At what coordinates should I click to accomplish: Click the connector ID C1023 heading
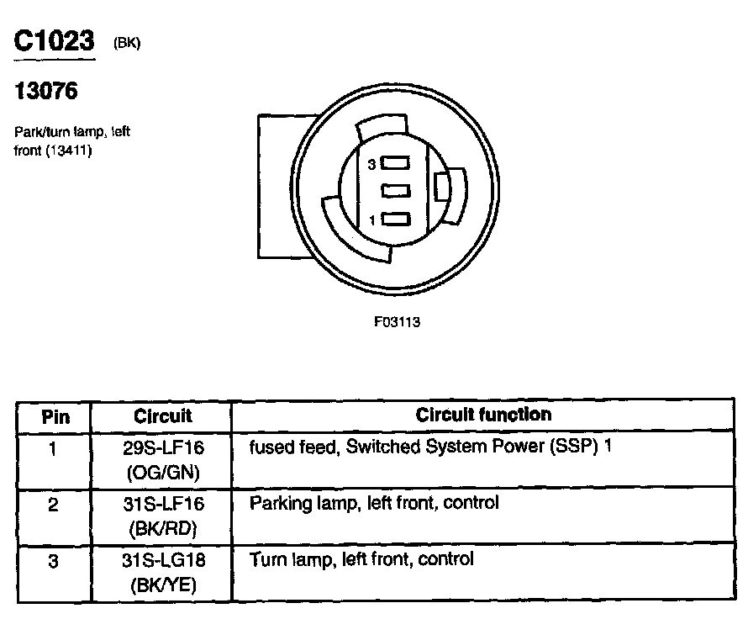[x=54, y=42]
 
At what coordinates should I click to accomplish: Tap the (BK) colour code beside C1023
[x=127, y=44]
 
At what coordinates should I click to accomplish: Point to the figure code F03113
[x=397, y=322]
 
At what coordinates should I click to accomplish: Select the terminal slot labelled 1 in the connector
[x=395, y=220]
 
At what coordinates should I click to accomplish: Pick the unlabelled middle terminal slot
[x=395, y=192]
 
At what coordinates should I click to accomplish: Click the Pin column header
[x=55, y=416]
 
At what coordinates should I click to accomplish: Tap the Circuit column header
[x=162, y=416]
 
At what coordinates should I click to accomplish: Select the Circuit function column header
[x=483, y=415]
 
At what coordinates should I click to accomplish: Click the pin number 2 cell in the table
[x=53, y=506]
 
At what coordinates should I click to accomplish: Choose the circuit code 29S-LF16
[x=163, y=447]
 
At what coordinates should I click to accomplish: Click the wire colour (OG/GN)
[x=163, y=472]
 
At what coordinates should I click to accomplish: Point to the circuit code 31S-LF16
[x=163, y=504]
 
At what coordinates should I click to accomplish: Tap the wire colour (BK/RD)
[x=163, y=529]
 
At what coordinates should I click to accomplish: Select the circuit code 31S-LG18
[x=163, y=561]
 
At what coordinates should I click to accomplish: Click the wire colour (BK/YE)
[x=163, y=586]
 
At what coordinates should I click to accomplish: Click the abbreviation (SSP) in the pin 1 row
[x=571, y=447]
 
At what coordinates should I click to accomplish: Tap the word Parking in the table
[x=278, y=504]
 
